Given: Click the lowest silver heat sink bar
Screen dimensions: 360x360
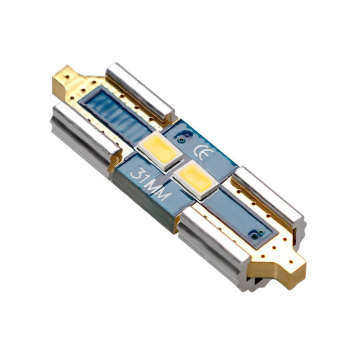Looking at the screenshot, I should pyautogui.click(x=214, y=238).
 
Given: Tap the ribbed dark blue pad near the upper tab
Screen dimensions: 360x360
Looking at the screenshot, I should pyautogui.click(x=115, y=118).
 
